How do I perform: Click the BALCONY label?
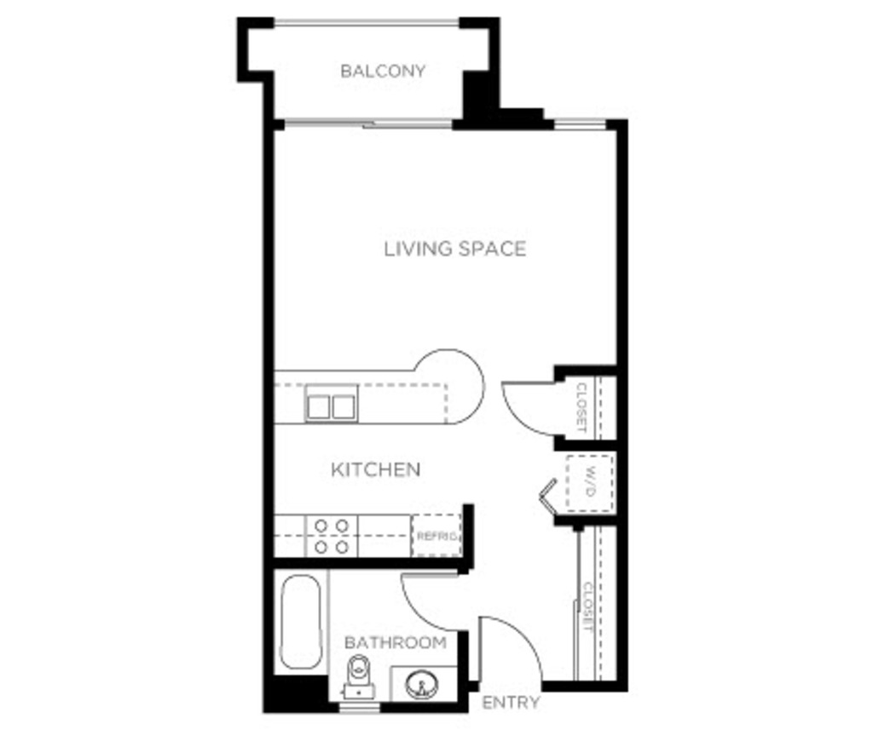point(383,72)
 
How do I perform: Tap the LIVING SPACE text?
point(455,249)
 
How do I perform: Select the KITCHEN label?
point(376,469)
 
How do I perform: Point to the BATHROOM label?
point(396,642)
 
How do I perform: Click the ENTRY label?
point(511,703)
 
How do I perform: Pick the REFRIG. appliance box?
point(436,535)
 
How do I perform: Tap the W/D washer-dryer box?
point(590,482)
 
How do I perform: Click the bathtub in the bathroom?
point(301,622)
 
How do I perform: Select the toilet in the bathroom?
point(359,676)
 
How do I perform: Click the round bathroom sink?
point(421,684)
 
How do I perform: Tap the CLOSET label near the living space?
point(581,407)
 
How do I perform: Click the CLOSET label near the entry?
point(587,606)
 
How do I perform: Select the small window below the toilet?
point(360,707)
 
